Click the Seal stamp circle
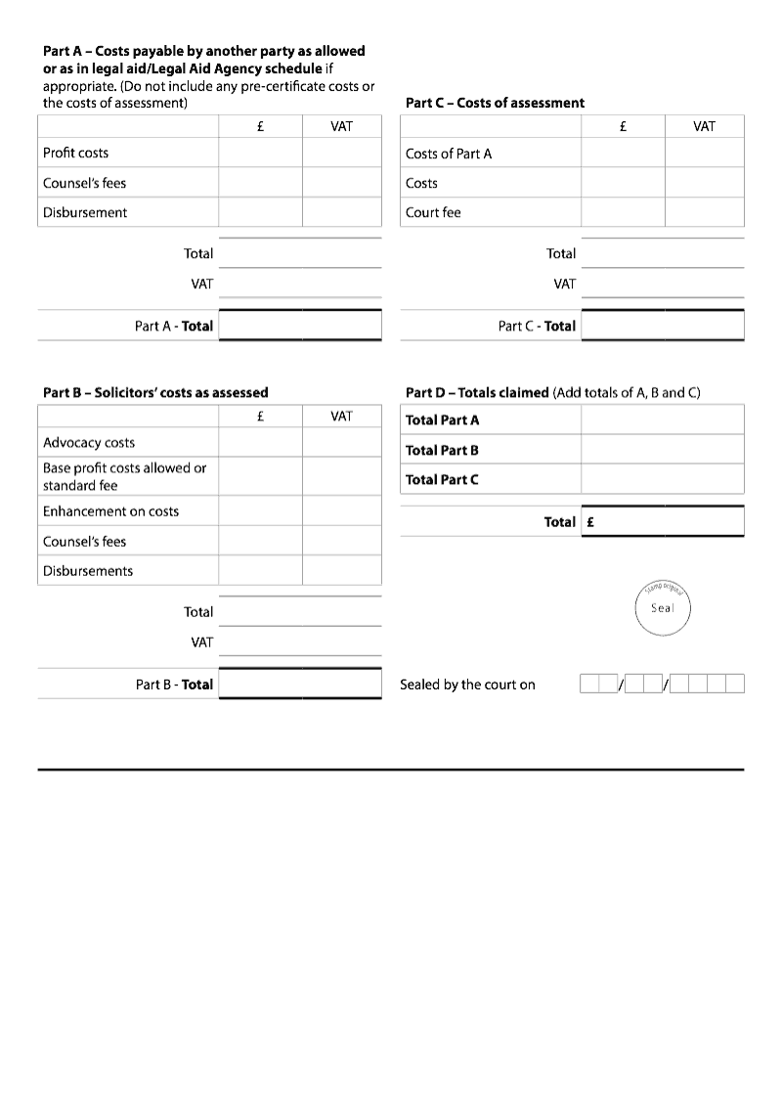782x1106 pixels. click(x=663, y=608)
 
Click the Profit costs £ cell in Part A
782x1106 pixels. click(x=260, y=153)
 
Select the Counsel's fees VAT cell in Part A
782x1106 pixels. click(x=341, y=183)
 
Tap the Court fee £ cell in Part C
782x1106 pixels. click(x=623, y=212)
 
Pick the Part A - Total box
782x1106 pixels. click(x=300, y=326)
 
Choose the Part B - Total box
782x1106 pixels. click(x=300, y=684)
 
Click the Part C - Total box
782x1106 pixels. click(x=662, y=326)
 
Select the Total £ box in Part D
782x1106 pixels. click(x=662, y=521)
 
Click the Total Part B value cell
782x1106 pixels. click(x=662, y=450)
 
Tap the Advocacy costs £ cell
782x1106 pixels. click(x=260, y=442)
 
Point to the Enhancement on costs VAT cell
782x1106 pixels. click(x=341, y=510)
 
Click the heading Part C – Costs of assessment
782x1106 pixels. click(x=495, y=103)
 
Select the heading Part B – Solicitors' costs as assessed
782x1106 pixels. click(x=155, y=392)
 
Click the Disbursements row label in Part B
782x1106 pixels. click(x=88, y=570)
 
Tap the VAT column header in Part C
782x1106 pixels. click(x=704, y=126)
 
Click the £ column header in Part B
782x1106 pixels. click(x=260, y=416)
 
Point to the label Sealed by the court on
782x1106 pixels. click(x=467, y=685)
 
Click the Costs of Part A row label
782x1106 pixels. click(x=449, y=154)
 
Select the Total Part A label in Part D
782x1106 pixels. click(x=443, y=420)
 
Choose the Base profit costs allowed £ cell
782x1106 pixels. click(x=260, y=476)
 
